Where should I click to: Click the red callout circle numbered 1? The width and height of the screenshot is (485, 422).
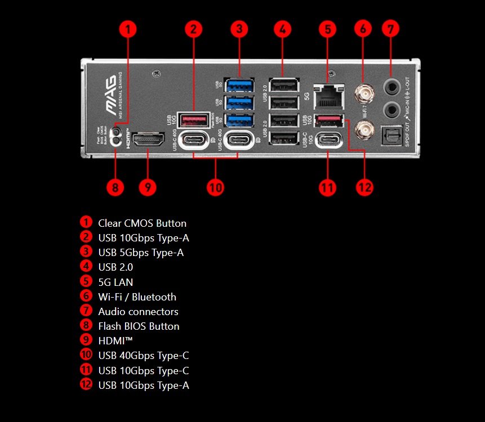129,29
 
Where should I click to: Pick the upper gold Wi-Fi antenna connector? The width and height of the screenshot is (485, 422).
362,91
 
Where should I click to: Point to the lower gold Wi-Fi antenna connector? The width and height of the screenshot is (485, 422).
362,131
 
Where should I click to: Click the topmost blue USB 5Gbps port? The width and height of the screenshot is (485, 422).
239,86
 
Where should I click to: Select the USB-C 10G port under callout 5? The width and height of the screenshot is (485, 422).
328,140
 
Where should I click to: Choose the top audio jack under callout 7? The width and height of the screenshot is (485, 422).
391,86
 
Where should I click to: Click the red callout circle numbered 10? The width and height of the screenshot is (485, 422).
215,187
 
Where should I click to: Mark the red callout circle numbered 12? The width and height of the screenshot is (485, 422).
364,187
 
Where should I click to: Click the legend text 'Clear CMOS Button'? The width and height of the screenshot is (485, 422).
142,223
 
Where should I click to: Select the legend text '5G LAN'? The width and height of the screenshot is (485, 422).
115,282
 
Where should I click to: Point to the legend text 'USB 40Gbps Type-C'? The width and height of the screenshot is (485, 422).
143,356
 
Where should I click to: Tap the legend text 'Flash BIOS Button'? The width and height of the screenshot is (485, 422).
139,326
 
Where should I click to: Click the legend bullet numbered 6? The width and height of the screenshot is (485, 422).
86,297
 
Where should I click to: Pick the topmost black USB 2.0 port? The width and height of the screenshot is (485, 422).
284,86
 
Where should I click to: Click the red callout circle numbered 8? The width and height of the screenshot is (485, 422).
115,187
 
